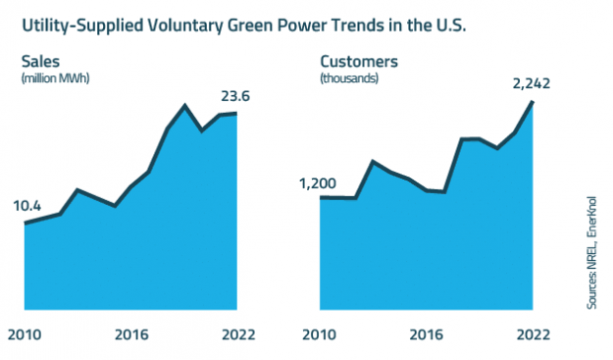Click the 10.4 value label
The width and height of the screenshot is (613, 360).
point(27,206)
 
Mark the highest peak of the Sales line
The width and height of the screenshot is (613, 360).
point(184,105)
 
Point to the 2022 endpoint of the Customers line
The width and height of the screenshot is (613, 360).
point(531,102)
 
